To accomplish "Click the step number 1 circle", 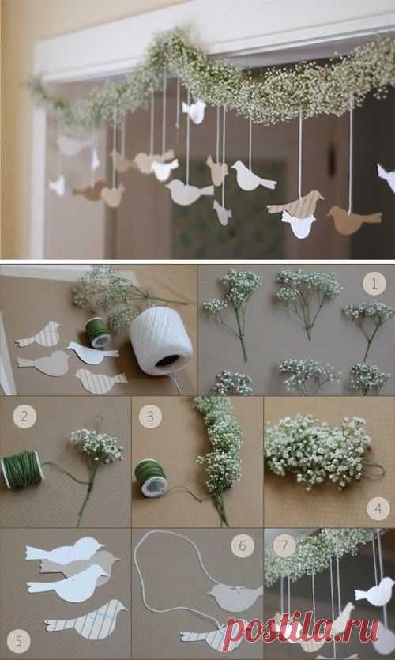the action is click(374, 283).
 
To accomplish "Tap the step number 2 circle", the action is click(24, 417).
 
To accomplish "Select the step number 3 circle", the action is click(150, 417).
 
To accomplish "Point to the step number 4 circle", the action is click(378, 508).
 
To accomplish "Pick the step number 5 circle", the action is click(18, 641).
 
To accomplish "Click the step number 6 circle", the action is click(243, 546).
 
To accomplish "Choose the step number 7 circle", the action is click(284, 545).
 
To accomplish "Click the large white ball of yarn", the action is click(160, 340).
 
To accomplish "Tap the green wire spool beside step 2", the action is click(22, 470).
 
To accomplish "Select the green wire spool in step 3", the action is click(151, 477).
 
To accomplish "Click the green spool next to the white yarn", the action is click(99, 332).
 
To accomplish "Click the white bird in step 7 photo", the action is click(376, 592).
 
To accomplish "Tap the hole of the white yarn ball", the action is click(167, 360).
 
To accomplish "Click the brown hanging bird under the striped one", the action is click(353, 219).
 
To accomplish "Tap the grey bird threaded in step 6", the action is click(235, 596).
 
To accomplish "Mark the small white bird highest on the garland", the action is click(194, 111).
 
